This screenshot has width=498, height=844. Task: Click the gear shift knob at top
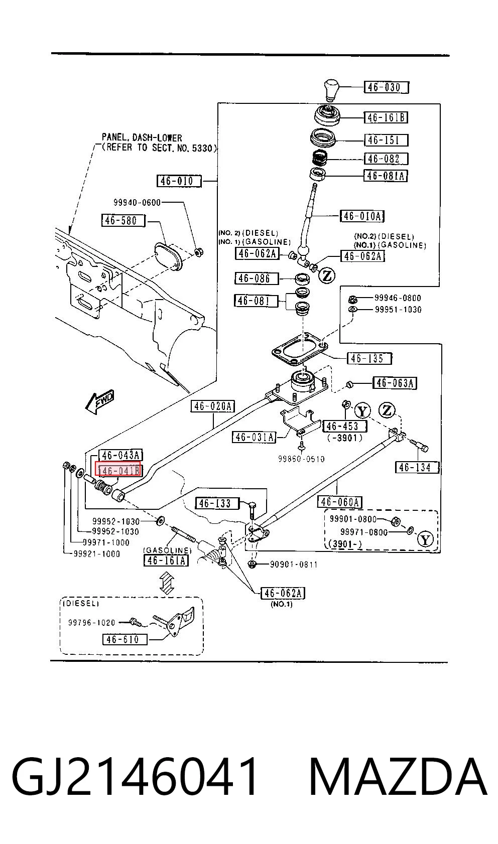point(332,90)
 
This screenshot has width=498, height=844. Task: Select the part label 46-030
point(386,87)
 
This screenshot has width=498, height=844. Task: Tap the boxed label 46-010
point(179,181)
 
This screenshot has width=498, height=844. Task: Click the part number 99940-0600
point(137,203)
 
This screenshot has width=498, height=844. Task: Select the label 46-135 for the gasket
point(369,358)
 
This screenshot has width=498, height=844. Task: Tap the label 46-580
point(123,220)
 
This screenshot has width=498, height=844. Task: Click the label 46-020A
point(213,406)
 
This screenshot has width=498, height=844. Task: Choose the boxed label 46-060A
point(340,502)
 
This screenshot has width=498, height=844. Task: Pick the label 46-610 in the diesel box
point(125,639)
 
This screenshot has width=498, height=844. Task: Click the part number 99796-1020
point(91,622)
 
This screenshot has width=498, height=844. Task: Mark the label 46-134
point(417,468)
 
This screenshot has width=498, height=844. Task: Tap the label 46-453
point(344,426)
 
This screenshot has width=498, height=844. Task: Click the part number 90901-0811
point(294,565)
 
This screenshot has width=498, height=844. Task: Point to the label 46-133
point(217,503)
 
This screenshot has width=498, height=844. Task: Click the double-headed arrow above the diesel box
point(167,583)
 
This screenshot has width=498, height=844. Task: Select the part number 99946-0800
point(398,298)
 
